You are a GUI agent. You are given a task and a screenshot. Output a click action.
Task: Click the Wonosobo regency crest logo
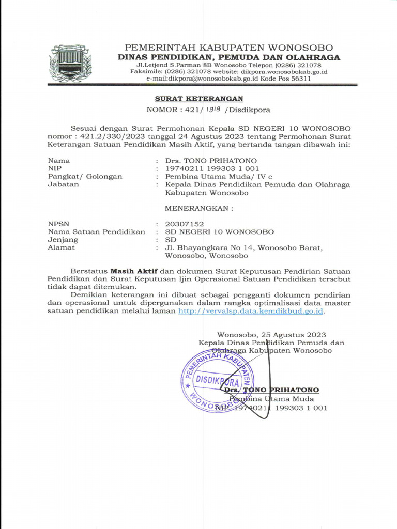coord(70,63)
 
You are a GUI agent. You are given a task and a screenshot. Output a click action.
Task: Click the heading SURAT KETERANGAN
coord(200,99)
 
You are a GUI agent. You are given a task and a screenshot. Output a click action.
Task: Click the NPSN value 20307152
coord(184,224)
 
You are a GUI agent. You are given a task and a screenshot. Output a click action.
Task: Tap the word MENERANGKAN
coord(198,209)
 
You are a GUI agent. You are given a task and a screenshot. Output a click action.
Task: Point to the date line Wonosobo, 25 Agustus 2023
coord(271,335)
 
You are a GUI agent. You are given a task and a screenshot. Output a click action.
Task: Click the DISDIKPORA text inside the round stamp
coord(217,382)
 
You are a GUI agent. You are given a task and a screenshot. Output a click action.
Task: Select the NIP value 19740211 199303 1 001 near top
coord(212,168)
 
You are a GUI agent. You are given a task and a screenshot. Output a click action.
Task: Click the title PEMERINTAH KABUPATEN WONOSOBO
coord(229,48)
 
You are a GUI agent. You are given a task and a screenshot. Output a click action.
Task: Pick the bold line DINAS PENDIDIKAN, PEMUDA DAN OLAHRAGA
coord(229,57)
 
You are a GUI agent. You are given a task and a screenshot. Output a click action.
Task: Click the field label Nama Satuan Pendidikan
coord(96,232)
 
